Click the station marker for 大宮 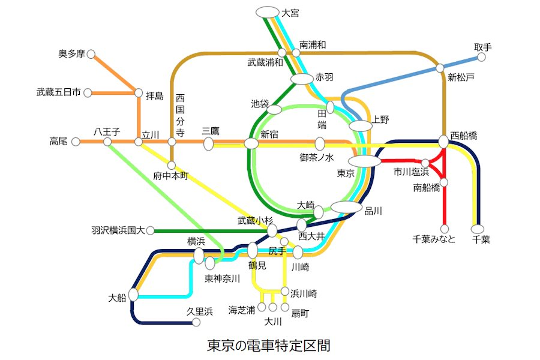tap(267, 12)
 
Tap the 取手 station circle tap(481, 57)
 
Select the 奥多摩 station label tap(71, 54)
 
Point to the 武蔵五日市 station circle tap(88, 93)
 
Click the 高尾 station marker tap(76, 142)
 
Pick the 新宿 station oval tap(251, 143)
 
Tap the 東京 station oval tap(364, 161)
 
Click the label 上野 tap(380, 119)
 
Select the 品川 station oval tap(346, 207)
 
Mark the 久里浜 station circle tap(196, 322)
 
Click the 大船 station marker tap(133, 295)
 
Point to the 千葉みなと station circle tap(445, 229)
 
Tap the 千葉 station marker tap(478, 229)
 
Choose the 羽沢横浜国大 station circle tap(150, 231)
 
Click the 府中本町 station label tap(171, 176)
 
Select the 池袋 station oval tap(274, 110)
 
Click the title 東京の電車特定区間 tap(269, 346)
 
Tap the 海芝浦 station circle tap(262, 307)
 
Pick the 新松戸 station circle tap(440, 68)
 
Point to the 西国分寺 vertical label tap(180, 115)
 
